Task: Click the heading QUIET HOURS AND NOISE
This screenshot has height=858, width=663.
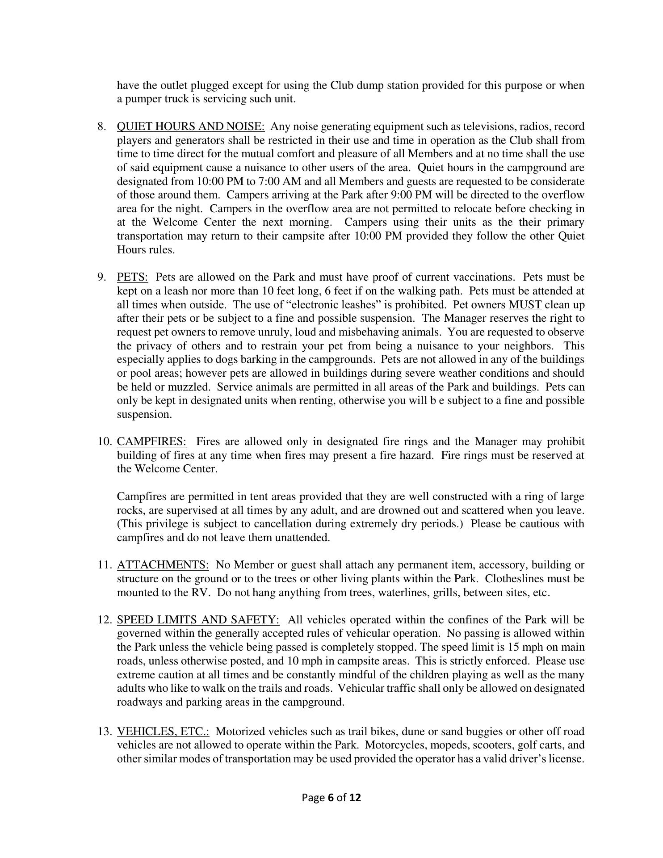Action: click(190, 127)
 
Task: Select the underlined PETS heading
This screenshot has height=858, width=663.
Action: click(132, 278)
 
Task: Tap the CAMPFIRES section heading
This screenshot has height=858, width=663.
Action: click(151, 442)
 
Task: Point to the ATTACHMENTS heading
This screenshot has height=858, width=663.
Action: click(163, 565)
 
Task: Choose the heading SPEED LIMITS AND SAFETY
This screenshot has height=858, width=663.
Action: click(198, 620)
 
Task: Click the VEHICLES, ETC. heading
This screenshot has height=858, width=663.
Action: click(163, 732)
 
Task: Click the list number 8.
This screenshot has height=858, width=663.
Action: click(101, 127)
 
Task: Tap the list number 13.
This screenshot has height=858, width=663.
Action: click(104, 732)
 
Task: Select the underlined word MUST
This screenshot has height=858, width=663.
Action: click(525, 305)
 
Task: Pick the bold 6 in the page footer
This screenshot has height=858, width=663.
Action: click(331, 798)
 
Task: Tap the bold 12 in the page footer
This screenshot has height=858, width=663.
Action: click(355, 798)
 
